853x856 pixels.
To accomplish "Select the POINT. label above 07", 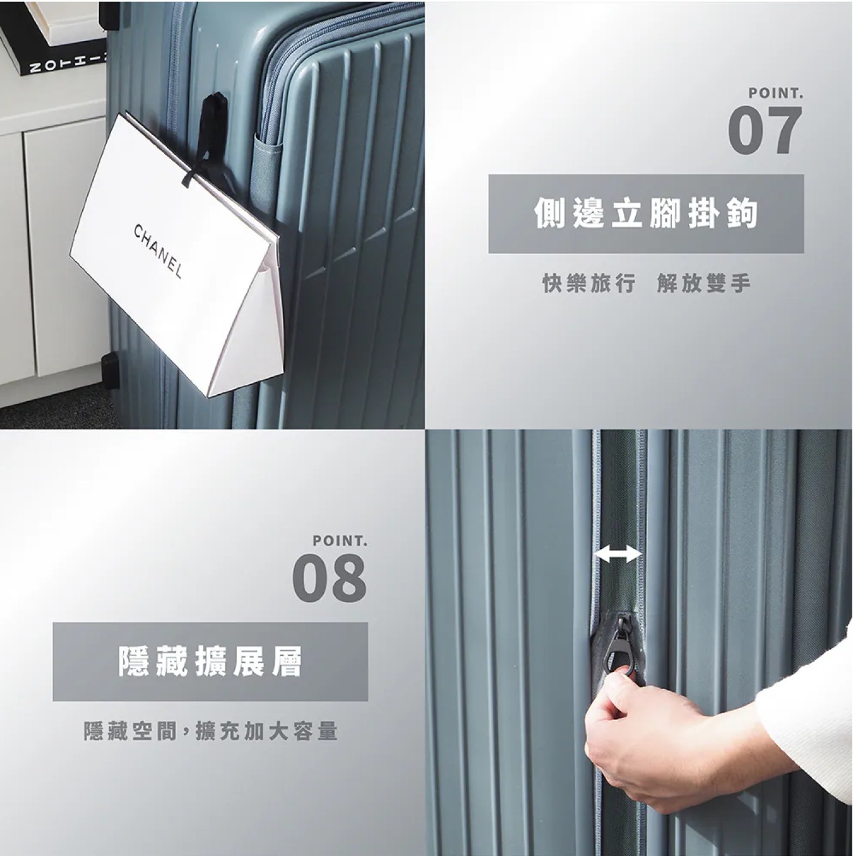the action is (x=776, y=93).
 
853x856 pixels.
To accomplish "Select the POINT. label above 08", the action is (x=340, y=541).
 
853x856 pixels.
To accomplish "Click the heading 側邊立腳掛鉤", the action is (x=646, y=214).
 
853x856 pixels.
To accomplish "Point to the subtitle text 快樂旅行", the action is (x=589, y=284).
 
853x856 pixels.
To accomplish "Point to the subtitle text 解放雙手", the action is (x=704, y=284).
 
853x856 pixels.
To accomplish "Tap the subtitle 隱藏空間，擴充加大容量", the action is (x=211, y=731).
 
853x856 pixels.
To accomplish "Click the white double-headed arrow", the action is (x=617, y=554).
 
